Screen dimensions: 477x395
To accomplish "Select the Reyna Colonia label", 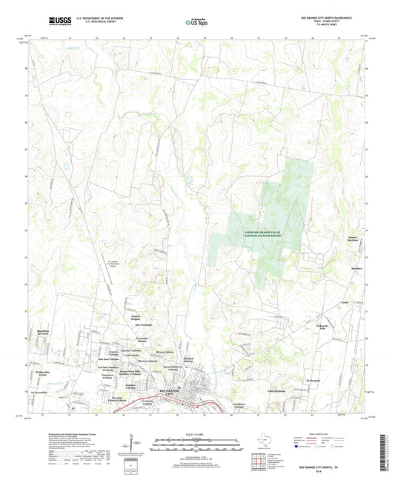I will pyautogui.click(x=165, y=352).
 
